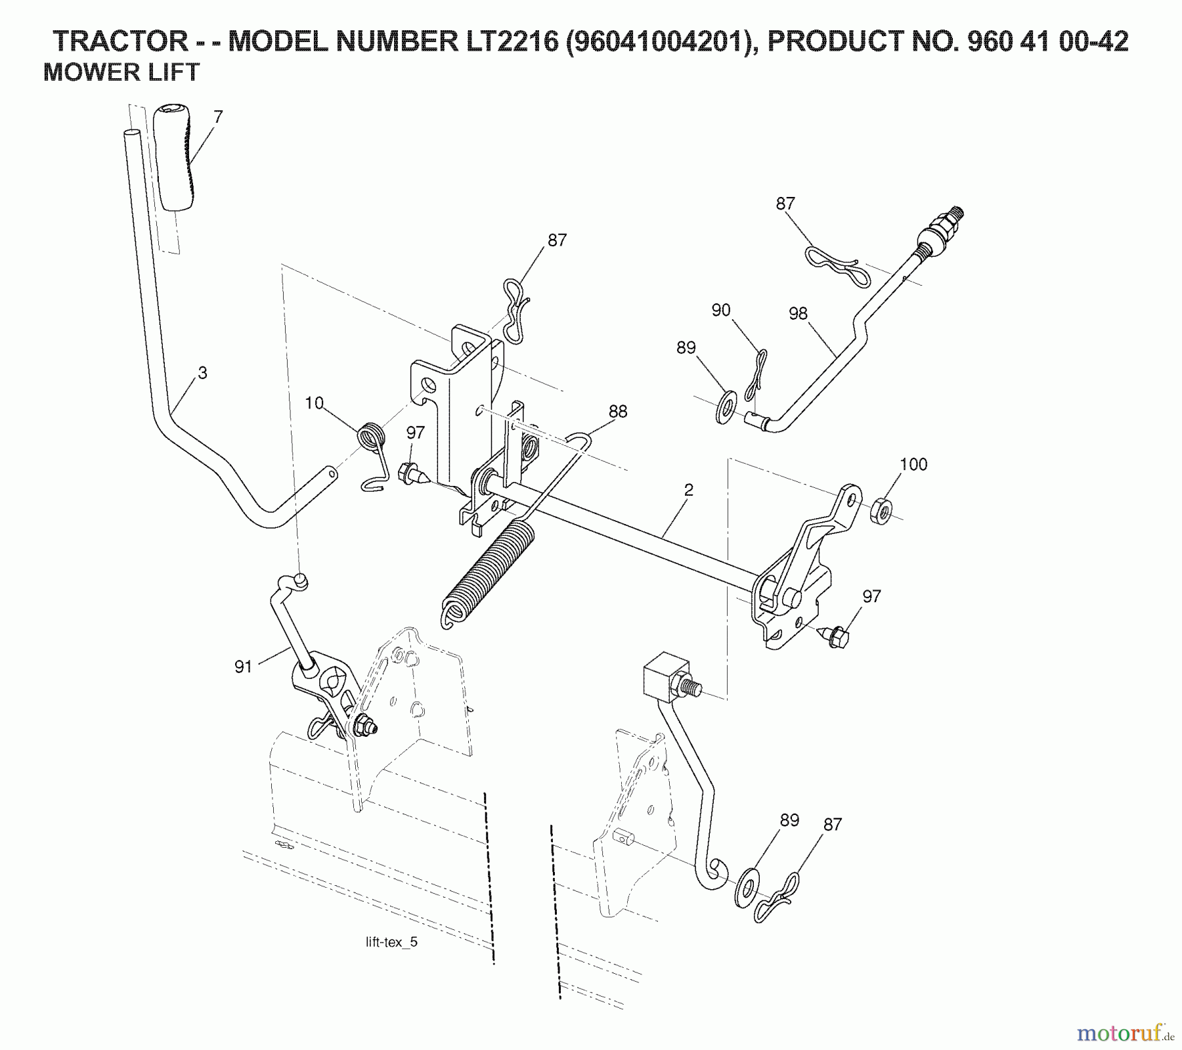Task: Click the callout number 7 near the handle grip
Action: coord(218,117)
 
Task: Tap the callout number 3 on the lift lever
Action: coord(202,372)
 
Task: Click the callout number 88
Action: coord(617,411)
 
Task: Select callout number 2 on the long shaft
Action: coord(688,490)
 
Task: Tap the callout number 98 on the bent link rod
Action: coord(798,313)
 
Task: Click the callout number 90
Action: coord(720,310)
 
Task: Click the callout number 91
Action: coord(243,667)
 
